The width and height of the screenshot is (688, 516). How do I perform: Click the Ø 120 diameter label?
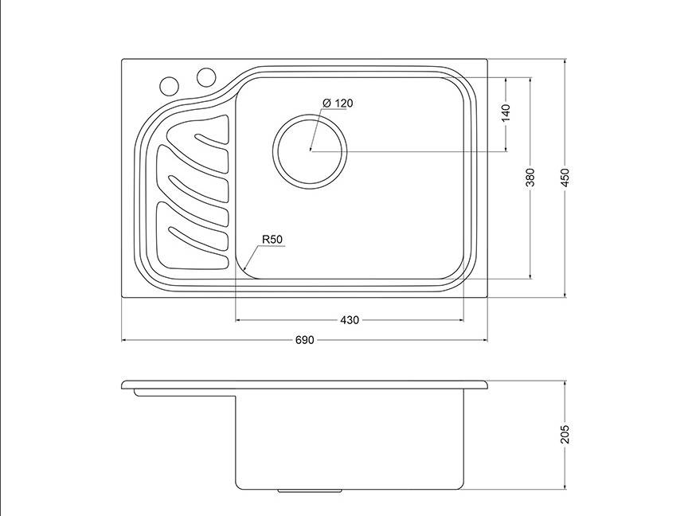click(x=338, y=103)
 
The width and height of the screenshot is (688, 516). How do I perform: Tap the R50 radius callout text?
click(x=272, y=240)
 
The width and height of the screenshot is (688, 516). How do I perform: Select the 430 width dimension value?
click(x=350, y=320)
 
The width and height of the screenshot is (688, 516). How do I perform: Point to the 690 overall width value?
click(x=304, y=340)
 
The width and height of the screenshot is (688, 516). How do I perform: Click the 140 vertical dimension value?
click(x=506, y=113)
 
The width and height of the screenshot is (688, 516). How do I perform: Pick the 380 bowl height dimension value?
click(x=530, y=178)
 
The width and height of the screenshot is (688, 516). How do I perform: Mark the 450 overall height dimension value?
click(x=565, y=178)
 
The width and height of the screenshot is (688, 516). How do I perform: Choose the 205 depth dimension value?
click(x=565, y=434)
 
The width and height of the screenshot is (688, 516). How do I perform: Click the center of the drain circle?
click(x=310, y=151)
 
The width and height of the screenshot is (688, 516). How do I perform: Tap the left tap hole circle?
click(x=169, y=86)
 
